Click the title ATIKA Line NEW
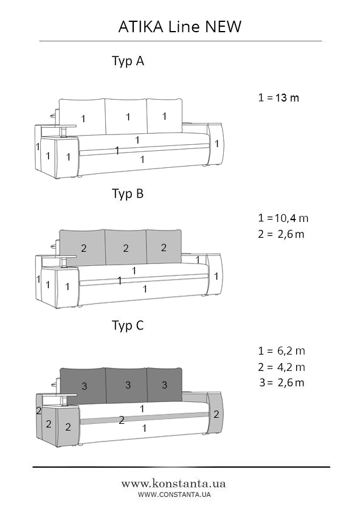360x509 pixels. coord(180,26)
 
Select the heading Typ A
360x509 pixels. coord(128,61)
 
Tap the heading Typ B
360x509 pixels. coord(128,193)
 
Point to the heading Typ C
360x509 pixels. coord(128,325)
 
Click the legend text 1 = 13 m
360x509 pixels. coord(279,97)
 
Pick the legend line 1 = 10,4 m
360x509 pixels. coord(283,218)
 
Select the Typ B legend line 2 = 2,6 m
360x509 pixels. coord(281,234)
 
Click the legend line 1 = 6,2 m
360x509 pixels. coord(282,351)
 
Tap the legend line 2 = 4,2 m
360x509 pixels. coord(282,367)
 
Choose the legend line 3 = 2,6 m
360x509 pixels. coord(282,383)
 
